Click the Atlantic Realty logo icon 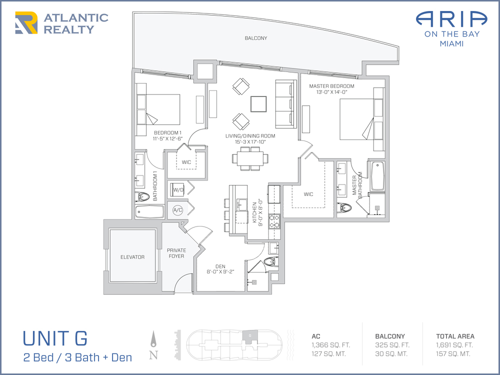pyautogui.click(x=26, y=22)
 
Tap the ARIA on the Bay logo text pyautogui.click(x=451, y=28)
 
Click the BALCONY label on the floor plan pyautogui.click(x=255, y=38)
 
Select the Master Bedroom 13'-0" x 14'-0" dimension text pyautogui.click(x=331, y=92)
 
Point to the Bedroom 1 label pyautogui.click(x=167, y=132)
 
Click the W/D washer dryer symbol pyautogui.click(x=178, y=190)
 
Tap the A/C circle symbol pyautogui.click(x=177, y=210)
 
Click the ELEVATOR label pyautogui.click(x=132, y=257)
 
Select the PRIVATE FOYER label pyautogui.click(x=176, y=253)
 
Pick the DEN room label pyautogui.click(x=220, y=266)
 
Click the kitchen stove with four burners pyautogui.click(x=274, y=221)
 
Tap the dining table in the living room pyautogui.click(x=250, y=158)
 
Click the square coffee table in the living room pyautogui.click(x=258, y=104)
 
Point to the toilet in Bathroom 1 pyautogui.click(x=142, y=197)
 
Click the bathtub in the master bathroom pyautogui.click(x=377, y=176)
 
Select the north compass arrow pyautogui.click(x=153, y=339)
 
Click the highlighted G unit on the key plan pyautogui.click(x=249, y=336)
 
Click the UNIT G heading pyautogui.click(x=55, y=338)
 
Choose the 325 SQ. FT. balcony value pyautogui.click(x=392, y=345)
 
